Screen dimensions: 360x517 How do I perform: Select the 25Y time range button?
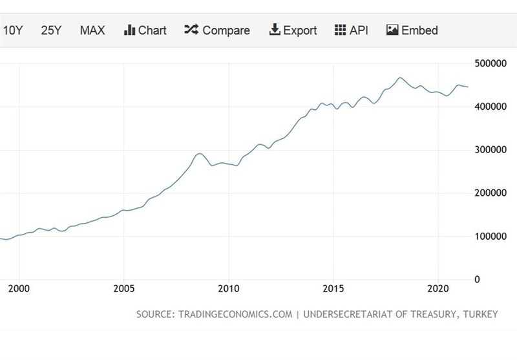51,30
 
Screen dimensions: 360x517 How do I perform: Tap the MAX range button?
92,30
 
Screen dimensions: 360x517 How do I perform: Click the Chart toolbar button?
145,30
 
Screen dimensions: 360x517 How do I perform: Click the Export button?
293,30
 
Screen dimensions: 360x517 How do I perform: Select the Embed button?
412,30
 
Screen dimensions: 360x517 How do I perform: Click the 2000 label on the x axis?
19,288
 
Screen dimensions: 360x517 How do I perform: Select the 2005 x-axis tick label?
124,288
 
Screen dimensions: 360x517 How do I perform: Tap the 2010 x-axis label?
229,288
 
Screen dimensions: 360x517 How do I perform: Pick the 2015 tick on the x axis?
333,288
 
